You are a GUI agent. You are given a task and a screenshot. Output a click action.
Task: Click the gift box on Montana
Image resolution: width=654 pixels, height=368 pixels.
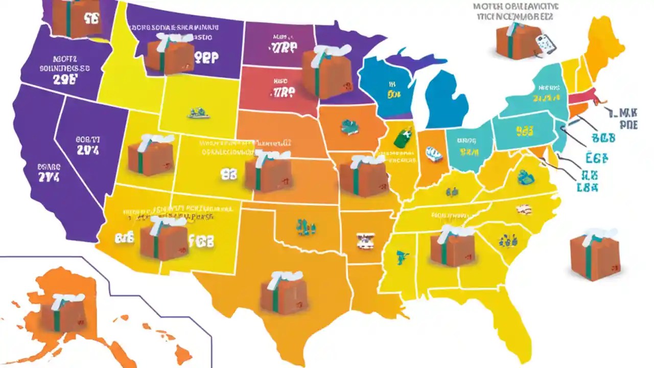[x=170, y=55]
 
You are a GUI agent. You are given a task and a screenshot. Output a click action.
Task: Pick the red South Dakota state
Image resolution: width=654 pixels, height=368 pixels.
[x=278, y=92]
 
